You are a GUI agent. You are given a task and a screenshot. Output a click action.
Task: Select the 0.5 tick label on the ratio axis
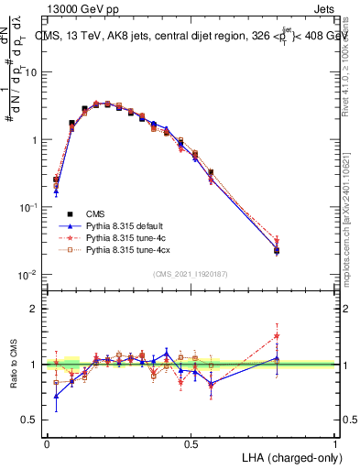point(30,420)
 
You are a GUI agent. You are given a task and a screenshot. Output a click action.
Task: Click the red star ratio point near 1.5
point(277,336)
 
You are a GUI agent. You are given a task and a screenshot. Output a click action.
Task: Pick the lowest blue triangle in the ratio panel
point(57,397)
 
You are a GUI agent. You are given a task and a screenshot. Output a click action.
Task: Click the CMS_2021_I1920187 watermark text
point(191,274)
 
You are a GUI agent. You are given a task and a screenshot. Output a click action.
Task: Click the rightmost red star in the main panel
point(277,242)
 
